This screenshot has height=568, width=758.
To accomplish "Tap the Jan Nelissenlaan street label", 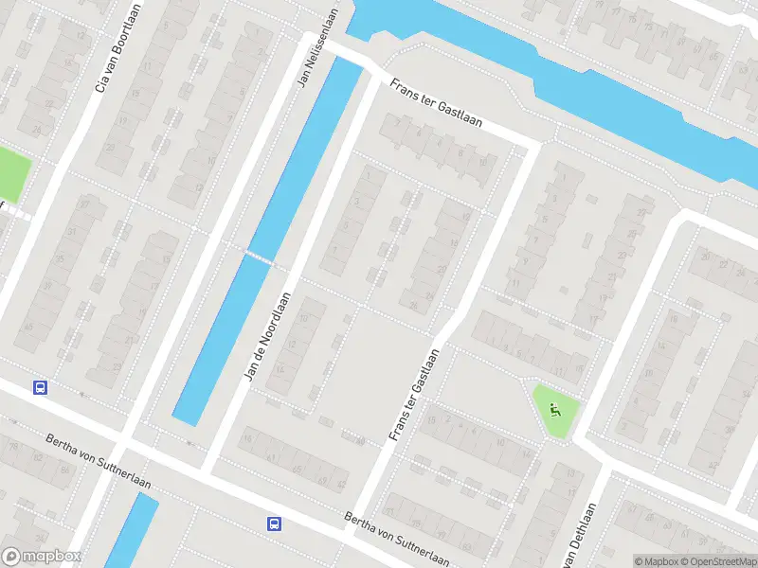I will pos(317,47).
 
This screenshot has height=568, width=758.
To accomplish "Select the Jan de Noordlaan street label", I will pos(266,337).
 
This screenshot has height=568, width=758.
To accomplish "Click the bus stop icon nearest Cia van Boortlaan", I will pos(40,387).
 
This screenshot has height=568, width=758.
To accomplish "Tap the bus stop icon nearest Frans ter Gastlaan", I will pos(274,524).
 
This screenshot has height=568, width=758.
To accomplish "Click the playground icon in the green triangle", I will pos(554,410).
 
